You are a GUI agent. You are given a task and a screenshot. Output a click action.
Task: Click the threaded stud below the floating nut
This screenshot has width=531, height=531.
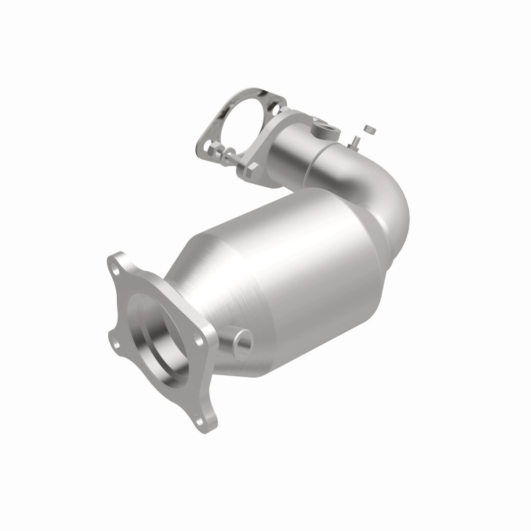click(x=356, y=140)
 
